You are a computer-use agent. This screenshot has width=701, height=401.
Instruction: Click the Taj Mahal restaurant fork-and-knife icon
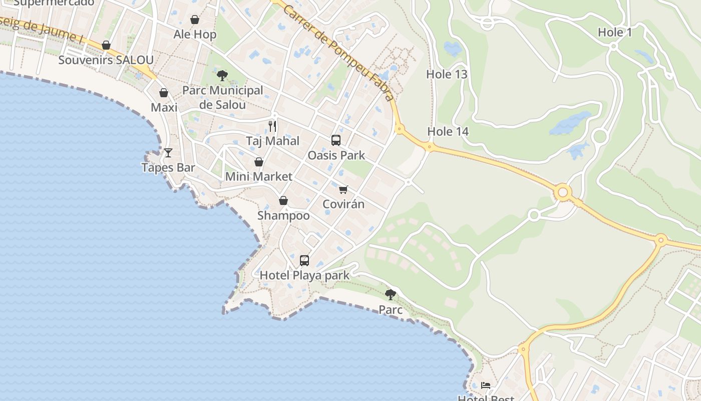click(272, 126)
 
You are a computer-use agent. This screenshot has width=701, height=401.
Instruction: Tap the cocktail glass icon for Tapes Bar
click(168, 152)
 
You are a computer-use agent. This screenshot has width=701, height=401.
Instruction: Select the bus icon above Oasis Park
click(336, 140)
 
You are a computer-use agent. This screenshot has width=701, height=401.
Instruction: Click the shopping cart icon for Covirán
click(343, 189)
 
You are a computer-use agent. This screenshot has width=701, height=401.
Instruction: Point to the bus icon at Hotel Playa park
click(304, 260)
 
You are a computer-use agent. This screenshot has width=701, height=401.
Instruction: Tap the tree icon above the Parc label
click(391, 295)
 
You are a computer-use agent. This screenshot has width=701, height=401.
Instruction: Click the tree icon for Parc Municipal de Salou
click(222, 76)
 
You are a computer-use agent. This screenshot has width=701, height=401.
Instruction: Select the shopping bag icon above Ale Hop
click(195, 20)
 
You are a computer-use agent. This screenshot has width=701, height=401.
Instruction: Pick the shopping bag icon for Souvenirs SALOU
click(106, 45)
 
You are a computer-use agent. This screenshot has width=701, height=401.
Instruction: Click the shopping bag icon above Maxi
click(163, 93)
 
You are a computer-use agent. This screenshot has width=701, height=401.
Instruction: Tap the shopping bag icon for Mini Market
click(259, 162)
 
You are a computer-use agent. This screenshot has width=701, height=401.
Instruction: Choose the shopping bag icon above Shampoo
click(283, 200)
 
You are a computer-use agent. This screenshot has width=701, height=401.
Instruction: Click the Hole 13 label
click(447, 74)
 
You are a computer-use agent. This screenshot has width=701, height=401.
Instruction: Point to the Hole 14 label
click(448, 131)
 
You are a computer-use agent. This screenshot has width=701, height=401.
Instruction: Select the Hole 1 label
click(615, 33)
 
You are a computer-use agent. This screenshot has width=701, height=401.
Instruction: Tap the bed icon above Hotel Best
click(485, 385)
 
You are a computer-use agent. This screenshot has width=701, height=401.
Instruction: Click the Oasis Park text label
click(336, 155)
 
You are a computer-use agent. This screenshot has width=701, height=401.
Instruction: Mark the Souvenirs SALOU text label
click(106, 60)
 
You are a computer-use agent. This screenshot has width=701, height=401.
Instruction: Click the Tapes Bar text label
click(168, 167)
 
